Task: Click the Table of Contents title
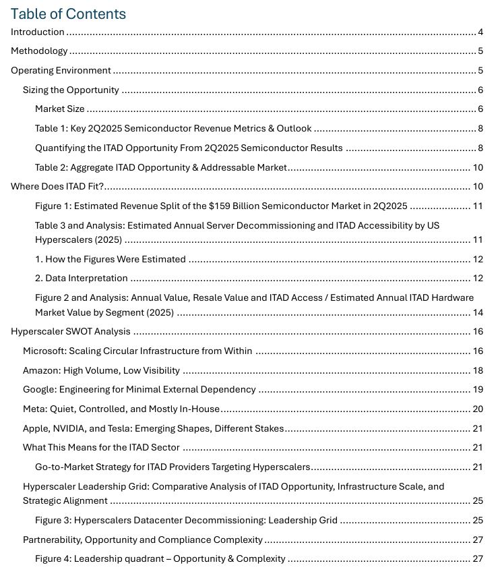(68, 13)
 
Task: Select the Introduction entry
(38, 32)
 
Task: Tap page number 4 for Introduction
(480, 32)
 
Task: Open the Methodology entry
(39, 51)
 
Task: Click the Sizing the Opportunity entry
(71, 90)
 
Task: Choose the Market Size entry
(60, 109)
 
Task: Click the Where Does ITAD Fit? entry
(57, 187)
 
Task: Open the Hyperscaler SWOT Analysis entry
(71, 331)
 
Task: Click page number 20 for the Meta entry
(478, 409)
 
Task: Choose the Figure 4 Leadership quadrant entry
(160, 558)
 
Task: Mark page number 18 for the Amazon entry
(478, 370)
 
